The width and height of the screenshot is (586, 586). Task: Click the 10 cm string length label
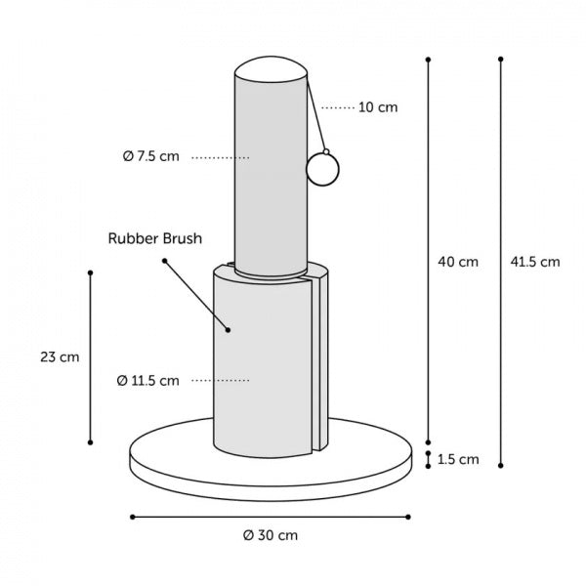[378, 107]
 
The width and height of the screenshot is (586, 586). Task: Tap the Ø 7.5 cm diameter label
[151, 156]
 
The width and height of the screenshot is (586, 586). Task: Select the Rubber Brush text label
[155, 238]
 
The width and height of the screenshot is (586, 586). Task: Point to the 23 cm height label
[60, 357]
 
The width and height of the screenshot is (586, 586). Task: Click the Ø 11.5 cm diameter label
[148, 381]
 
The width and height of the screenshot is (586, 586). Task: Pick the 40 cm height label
[458, 262]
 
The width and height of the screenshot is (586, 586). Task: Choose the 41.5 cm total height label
[535, 262]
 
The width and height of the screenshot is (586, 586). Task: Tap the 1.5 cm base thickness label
[458, 459]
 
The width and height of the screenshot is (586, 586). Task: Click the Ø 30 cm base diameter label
[271, 535]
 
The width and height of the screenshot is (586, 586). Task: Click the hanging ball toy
[322, 169]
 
